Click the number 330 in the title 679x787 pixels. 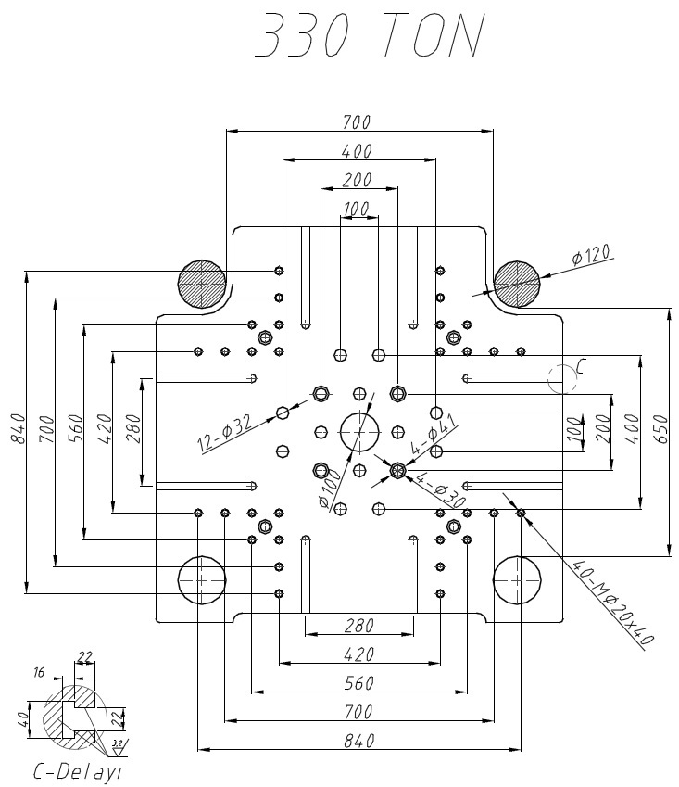pos(302,34)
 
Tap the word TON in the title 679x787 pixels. pos(434,34)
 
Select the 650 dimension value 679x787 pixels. pos(661,429)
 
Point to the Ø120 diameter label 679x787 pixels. pos(592,255)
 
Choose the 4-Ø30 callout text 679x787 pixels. pos(442,489)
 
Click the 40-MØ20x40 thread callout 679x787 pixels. pos(613,603)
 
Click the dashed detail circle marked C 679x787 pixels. pos(548,379)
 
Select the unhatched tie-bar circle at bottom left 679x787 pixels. pos(178,579)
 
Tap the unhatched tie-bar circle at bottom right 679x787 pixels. pos(494,579)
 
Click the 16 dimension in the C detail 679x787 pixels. pos(40,672)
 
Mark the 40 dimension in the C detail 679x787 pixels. pos(22,720)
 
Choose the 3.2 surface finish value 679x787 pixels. pos(118,743)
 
